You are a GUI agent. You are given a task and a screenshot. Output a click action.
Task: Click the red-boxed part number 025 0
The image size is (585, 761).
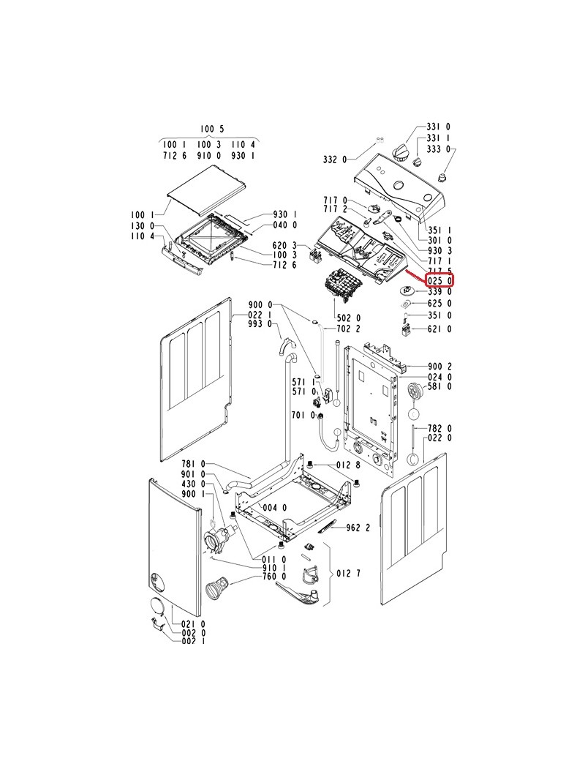pyautogui.click(x=439, y=280)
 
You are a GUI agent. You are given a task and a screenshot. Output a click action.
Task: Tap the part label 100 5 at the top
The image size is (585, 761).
pyautogui.click(x=213, y=129)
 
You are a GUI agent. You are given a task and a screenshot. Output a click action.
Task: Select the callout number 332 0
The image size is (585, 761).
pyautogui.click(x=335, y=160)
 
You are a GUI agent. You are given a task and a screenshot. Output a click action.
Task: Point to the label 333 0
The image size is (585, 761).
pyautogui.click(x=439, y=149)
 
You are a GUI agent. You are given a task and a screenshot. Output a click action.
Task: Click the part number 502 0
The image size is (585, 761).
pyautogui.click(x=349, y=318)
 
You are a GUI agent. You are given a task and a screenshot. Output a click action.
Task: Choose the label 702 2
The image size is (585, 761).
pyautogui.click(x=349, y=329)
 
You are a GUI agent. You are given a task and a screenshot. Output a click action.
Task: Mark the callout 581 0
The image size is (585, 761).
pyautogui.click(x=439, y=386)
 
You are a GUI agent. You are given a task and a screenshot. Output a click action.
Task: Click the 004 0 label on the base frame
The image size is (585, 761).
pyautogui.click(x=274, y=508)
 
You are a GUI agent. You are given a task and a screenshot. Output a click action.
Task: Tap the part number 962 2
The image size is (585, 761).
pyautogui.click(x=358, y=528)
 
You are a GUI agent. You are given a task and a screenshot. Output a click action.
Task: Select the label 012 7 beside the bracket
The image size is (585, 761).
pyautogui.click(x=349, y=573)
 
